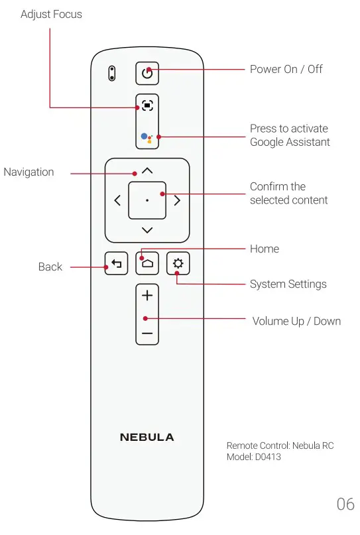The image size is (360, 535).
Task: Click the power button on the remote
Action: (147, 73)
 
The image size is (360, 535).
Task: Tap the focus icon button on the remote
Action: (147, 105)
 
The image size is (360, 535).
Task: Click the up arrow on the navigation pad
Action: (147, 170)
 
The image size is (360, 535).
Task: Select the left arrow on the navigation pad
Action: (117, 200)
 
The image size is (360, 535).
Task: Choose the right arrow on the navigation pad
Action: (177, 200)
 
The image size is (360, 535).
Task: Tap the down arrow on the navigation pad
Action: (147, 230)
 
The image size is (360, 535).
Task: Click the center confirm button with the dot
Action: (147, 200)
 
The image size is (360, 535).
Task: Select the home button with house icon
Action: (147, 263)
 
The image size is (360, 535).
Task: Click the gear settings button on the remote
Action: (177, 263)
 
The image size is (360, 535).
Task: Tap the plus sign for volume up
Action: (147, 296)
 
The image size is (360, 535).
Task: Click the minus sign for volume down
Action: (147, 332)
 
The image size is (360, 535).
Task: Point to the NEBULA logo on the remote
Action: (147, 438)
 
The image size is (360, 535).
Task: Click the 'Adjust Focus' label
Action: (52, 14)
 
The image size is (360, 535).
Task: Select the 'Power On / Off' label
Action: (286, 69)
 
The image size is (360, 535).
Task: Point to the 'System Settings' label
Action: (288, 284)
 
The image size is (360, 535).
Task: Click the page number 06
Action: (345, 505)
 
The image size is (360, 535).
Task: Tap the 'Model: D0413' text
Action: (254, 457)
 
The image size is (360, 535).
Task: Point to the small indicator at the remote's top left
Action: (112, 73)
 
